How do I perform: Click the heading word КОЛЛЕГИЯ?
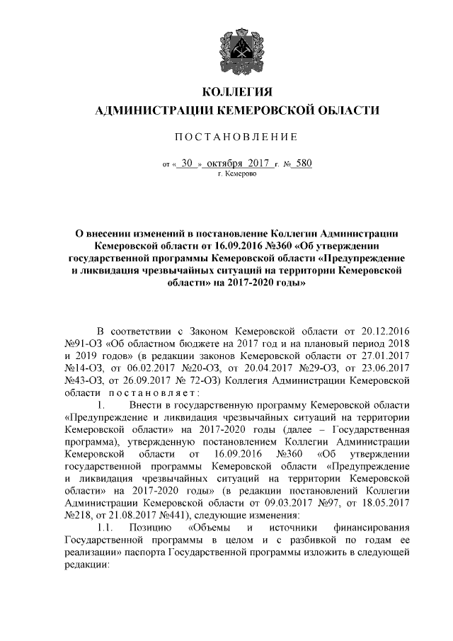tap(237, 92)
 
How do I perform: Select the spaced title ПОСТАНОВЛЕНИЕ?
tap(236, 136)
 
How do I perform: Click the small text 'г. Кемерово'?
tap(237, 174)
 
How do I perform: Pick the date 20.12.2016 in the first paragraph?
tap(383, 330)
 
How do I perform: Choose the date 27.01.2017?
tap(383, 356)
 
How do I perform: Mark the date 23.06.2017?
tap(383, 368)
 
